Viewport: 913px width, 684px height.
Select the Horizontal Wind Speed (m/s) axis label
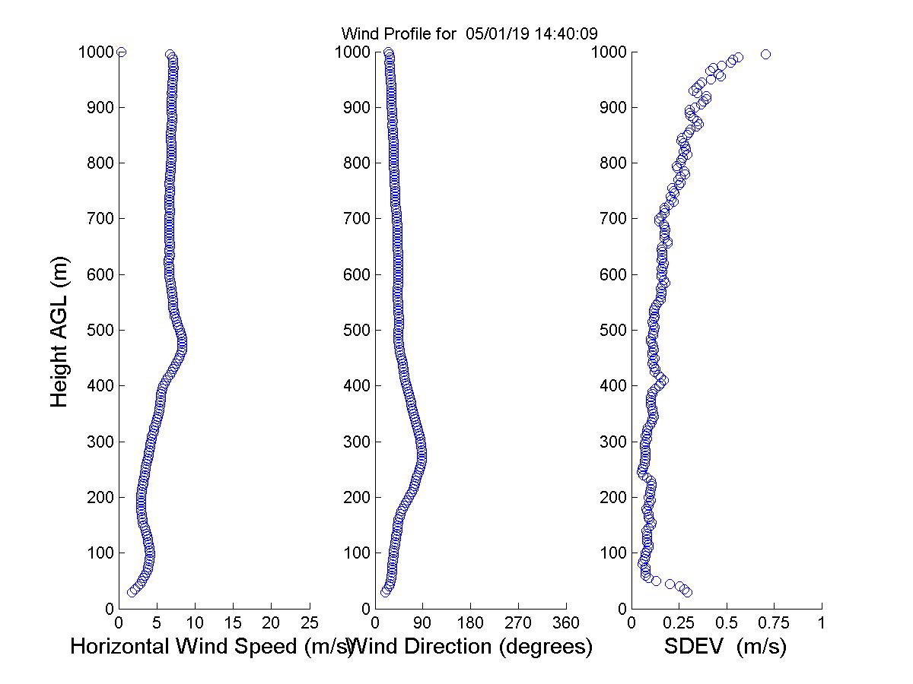pos(212,647)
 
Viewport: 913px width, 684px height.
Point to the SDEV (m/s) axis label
pos(725,647)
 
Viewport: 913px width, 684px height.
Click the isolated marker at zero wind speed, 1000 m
pos(121,52)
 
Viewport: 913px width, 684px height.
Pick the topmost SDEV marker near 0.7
pos(765,54)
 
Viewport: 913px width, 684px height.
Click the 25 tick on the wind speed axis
pos(309,623)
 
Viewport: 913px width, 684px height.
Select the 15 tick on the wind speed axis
pos(233,623)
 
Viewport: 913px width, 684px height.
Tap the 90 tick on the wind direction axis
pos(423,623)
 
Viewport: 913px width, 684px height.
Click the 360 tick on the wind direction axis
pos(566,623)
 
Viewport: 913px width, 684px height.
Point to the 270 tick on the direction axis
pos(518,623)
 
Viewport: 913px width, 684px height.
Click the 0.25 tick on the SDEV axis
pos(679,623)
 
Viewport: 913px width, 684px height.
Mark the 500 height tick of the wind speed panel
pos(99,330)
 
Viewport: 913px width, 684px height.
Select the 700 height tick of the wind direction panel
pos(355,219)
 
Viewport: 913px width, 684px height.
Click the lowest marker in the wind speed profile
pos(132,592)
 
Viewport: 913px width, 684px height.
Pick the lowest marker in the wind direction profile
pos(385,592)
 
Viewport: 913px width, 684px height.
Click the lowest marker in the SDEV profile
pos(687,592)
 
